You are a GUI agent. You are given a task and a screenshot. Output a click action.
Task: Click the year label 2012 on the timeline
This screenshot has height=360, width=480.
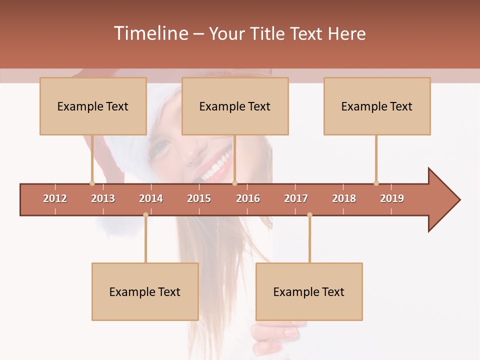pyautogui.click(x=55, y=198)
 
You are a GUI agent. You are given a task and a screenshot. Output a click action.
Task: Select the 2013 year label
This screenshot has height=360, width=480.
pyautogui.click(x=103, y=198)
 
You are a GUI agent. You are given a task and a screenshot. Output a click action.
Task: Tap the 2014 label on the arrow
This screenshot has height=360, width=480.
pyautogui.click(x=151, y=198)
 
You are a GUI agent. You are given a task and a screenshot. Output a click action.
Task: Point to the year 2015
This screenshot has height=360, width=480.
pyautogui.click(x=199, y=198)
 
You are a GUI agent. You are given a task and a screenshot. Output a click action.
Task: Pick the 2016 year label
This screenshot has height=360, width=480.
pyautogui.click(x=248, y=198)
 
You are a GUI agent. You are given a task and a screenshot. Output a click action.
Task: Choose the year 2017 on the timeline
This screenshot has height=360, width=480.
pyautogui.click(x=296, y=198)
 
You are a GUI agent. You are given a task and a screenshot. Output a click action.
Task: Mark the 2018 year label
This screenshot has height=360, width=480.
pyautogui.click(x=344, y=198)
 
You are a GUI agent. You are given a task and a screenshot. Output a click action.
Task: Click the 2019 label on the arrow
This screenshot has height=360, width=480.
pyautogui.click(x=392, y=198)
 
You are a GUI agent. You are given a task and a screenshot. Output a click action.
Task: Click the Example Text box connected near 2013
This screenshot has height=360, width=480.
pyautogui.click(x=93, y=106)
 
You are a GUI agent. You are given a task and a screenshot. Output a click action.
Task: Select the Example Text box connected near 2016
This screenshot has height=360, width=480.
pyautogui.click(x=235, y=106)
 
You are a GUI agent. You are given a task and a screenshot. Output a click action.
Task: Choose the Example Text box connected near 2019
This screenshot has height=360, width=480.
pyautogui.click(x=377, y=106)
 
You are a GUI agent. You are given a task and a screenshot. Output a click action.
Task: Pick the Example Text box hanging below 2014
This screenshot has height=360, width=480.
pyautogui.click(x=145, y=291)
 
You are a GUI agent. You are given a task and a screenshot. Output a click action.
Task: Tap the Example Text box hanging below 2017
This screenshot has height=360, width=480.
pyautogui.click(x=309, y=291)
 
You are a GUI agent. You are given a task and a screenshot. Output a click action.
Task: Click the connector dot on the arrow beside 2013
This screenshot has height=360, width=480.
pyautogui.click(x=92, y=183)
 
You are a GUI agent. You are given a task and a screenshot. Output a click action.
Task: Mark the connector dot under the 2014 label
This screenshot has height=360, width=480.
pyautogui.click(x=145, y=214)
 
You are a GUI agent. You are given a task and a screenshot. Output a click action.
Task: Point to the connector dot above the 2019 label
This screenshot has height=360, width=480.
pyautogui.click(x=376, y=183)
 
